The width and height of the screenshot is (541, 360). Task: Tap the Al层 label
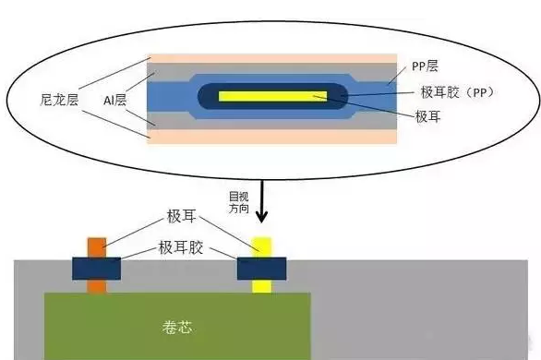(x=115, y=96)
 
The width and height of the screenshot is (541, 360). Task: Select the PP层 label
(x=424, y=66)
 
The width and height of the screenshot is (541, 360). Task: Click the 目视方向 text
(x=238, y=201)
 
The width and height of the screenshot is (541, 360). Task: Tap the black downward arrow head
(x=261, y=218)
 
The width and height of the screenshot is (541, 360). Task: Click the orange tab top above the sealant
(x=97, y=246)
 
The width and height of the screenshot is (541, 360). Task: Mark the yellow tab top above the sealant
(x=261, y=246)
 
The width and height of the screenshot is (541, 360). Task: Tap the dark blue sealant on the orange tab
(x=97, y=268)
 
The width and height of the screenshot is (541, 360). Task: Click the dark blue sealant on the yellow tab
(x=261, y=268)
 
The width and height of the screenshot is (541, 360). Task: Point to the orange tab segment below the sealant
(x=97, y=285)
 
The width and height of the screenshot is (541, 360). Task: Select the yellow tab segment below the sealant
(x=261, y=285)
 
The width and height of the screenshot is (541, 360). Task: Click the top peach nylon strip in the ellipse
(x=277, y=58)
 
